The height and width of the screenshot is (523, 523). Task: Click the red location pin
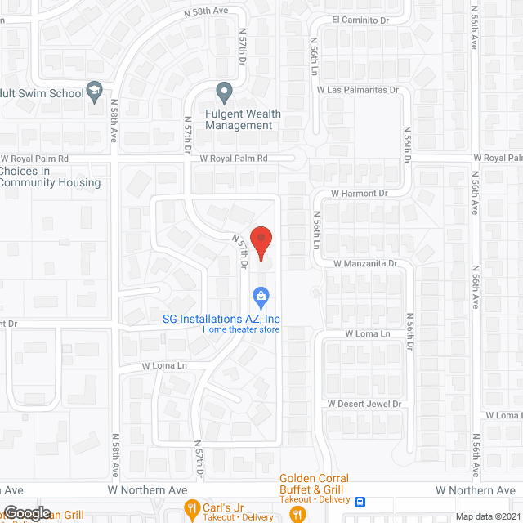(x=261, y=242)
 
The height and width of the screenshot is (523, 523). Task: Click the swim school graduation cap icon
(x=95, y=92)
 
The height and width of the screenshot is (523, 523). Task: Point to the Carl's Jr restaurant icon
(x=193, y=507)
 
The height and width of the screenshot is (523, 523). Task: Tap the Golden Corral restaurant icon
(x=297, y=514)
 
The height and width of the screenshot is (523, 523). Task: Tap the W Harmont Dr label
(x=358, y=194)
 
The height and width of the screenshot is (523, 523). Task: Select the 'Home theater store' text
(x=241, y=329)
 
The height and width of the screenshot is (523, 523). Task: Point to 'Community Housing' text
(x=50, y=183)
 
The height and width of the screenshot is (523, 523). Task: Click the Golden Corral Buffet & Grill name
(x=314, y=484)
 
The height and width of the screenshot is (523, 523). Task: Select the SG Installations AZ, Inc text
(x=231, y=318)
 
